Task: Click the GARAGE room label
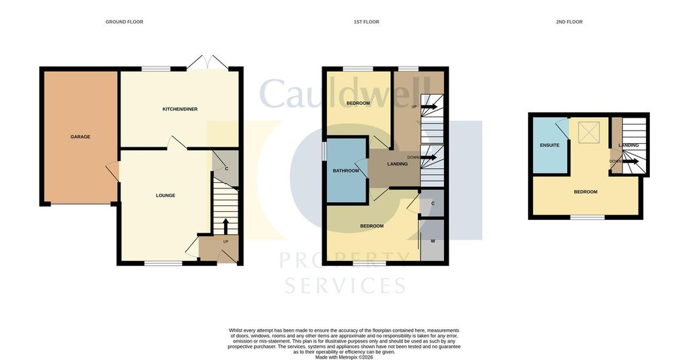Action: (x=81, y=137)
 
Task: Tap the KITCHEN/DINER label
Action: (x=180, y=109)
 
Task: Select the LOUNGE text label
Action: (x=166, y=196)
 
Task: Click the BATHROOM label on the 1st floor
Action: (x=346, y=170)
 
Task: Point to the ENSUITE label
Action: (x=550, y=145)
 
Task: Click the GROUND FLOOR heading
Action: (x=124, y=22)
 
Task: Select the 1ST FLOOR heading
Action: (x=367, y=22)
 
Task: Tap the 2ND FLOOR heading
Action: (x=569, y=22)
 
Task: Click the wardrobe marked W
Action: (x=433, y=240)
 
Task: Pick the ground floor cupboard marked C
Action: (x=226, y=168)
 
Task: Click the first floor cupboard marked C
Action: (x=433, y=203)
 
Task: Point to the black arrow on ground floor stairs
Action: (x=226, y=226)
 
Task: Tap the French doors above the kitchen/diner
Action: (x=207, y=63)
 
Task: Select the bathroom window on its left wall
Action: (x=324, y=150)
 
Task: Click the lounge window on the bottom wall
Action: (x=164, y=263)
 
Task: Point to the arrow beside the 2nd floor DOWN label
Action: (x=630, y=161)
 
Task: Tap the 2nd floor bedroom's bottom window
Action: (x=587, y=217)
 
